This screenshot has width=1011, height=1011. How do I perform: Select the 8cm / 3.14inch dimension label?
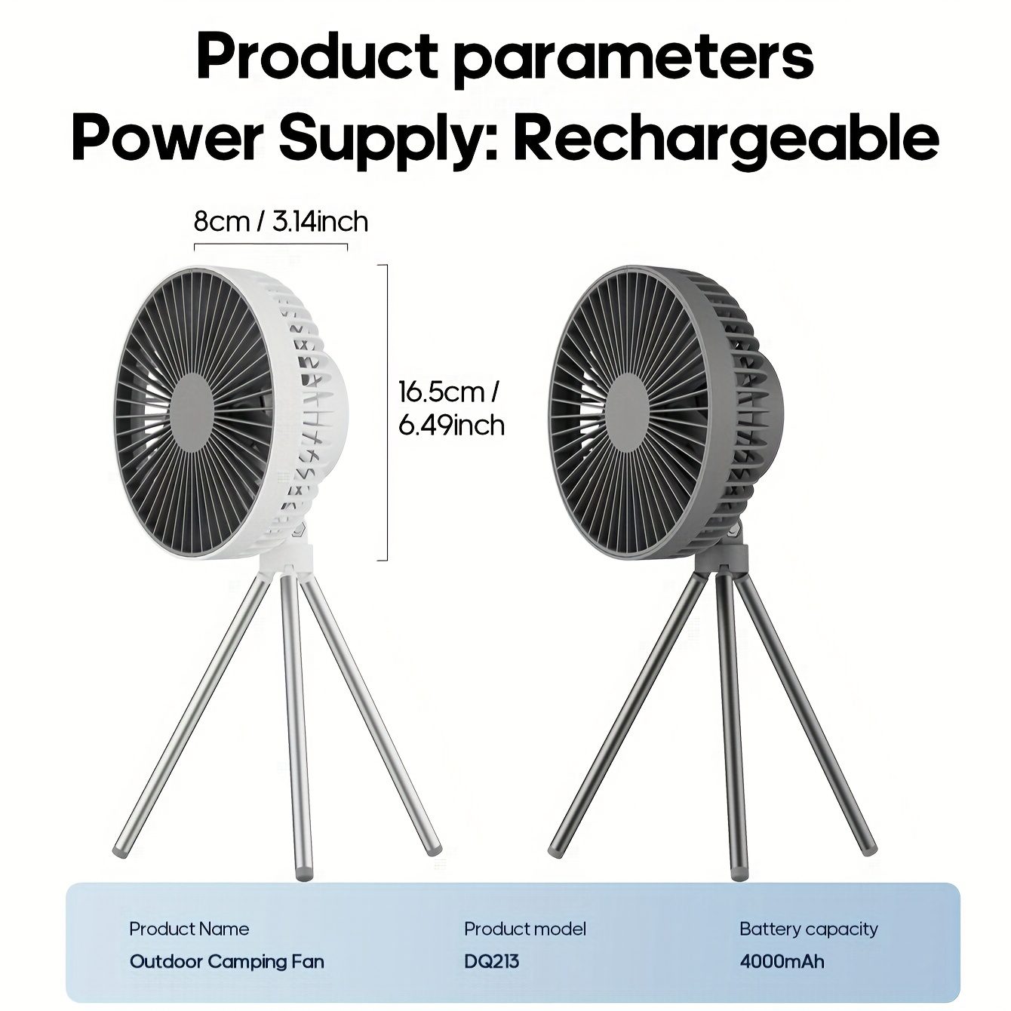pyautogui.click(x=281, y=222)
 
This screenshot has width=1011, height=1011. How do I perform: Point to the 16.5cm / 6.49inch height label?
pyautogui.click(x=451, y=409)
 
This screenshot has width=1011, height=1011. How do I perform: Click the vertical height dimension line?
pyautogui.click(x=387, y=413)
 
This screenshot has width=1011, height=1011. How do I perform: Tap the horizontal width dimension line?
pyautogui.click(x=271, y=244)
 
